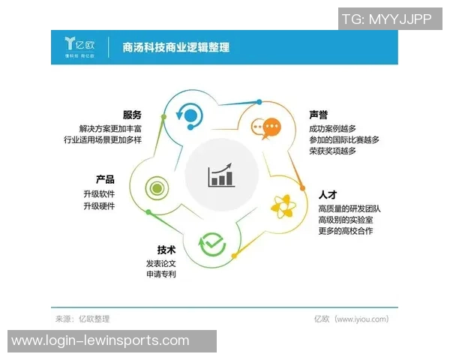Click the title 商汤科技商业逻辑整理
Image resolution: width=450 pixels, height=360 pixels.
pyautogui.click(x=175, y=48)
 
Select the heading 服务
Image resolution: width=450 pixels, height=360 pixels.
pyautogui.click(x=132, y=115)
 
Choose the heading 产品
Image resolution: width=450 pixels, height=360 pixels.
pyautogui.click(x=105, y=180)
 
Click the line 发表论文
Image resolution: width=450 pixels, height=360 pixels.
pyautogui.click(x=161, y=263)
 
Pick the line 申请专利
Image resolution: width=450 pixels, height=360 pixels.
pyautogui.click(x=161, y=275)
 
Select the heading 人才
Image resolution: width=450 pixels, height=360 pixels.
pyautogui.click(x=328, y=194)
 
